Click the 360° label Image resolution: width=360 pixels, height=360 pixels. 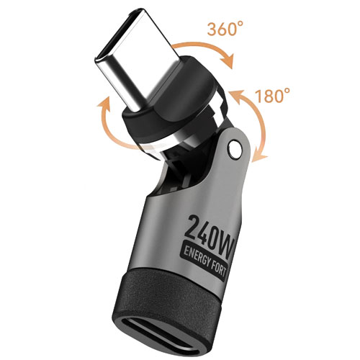(x=225, y=29)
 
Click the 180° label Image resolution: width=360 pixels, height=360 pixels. (x=272, y=96)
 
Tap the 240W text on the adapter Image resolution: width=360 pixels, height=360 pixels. (x=210, y=231)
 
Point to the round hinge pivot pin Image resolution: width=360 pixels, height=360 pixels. (x=235, y=150)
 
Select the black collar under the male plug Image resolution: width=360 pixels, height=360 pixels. (x=168, y=106)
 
